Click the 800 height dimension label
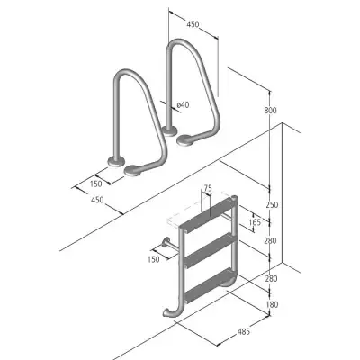click(x=270, y=111)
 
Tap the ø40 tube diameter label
click(x=183, y=104)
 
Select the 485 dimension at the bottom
click(x=244, y=331)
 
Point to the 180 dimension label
click(x=272, y=305)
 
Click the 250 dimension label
click(x=272, y=205)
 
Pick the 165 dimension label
click(x=255, y=222)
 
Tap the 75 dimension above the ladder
click(x=208, y=188)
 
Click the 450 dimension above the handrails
click(x=193, y=24)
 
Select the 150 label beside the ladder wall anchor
click(x=154, y=259)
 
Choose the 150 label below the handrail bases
click(x=95, y=184)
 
